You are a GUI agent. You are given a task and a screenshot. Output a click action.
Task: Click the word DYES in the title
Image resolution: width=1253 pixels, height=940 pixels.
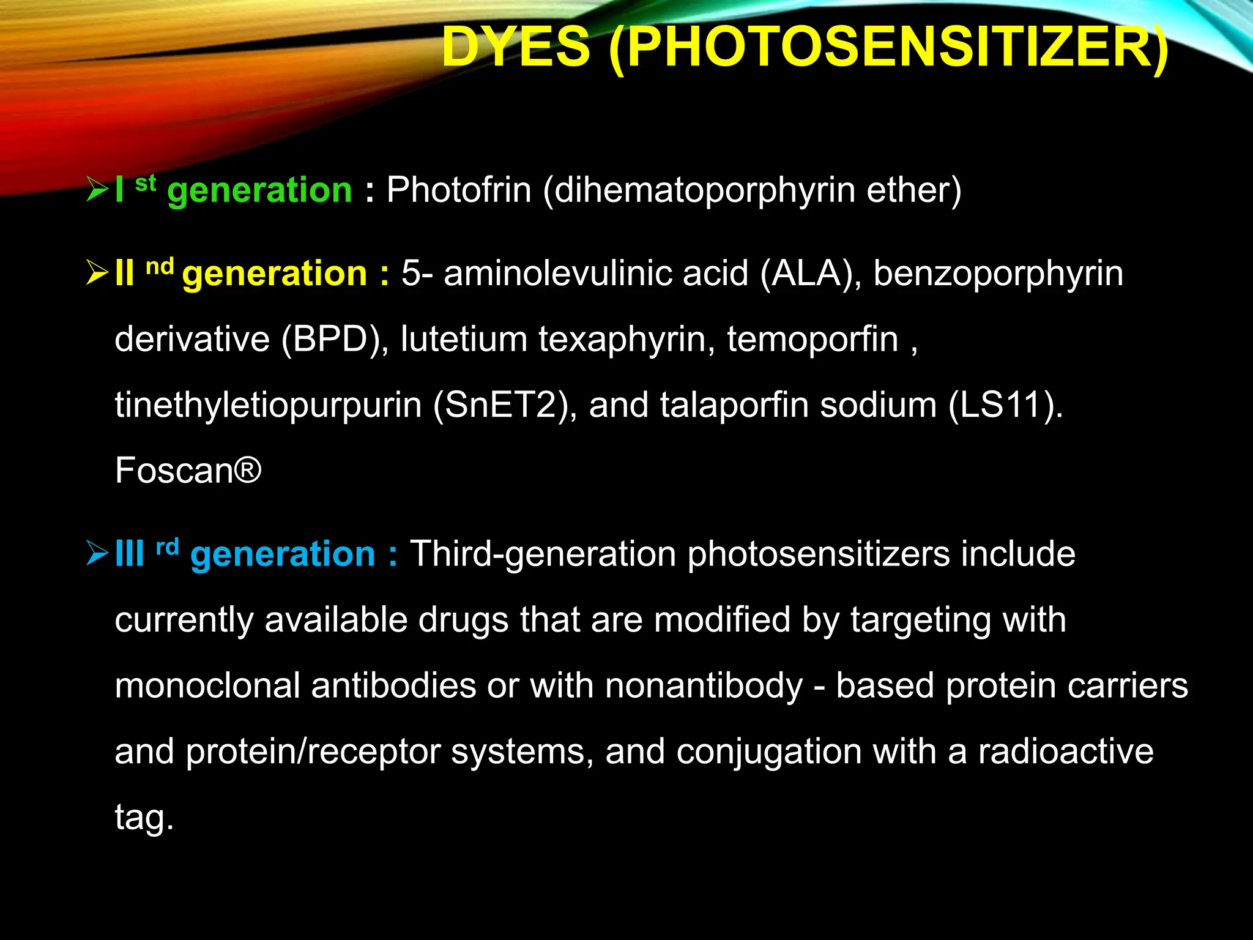[x=516, y=48]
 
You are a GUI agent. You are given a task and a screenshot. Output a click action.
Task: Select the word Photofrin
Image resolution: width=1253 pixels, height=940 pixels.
[x=459, y=190]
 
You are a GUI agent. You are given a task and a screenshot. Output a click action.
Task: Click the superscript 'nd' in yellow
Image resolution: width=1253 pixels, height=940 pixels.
[x=160, y=267]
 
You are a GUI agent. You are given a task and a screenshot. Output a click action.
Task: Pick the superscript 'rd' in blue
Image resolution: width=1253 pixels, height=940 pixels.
[x=167, y=546]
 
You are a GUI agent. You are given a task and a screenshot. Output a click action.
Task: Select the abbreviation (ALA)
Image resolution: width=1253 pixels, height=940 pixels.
[x=811, y=273]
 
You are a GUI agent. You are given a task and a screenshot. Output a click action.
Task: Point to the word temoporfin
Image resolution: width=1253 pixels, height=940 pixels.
[x=812, y=339]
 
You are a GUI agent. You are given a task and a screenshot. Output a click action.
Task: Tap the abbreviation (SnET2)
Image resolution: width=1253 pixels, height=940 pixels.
[x=505, y=405]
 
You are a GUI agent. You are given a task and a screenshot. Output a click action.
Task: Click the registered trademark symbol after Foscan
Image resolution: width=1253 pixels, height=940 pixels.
[x=248, y=471]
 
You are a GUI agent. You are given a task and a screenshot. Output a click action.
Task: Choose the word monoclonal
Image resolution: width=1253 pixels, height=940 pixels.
[x=207, y=685]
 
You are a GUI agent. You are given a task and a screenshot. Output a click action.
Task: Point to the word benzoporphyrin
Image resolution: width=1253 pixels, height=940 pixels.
[x=998, y=273]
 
